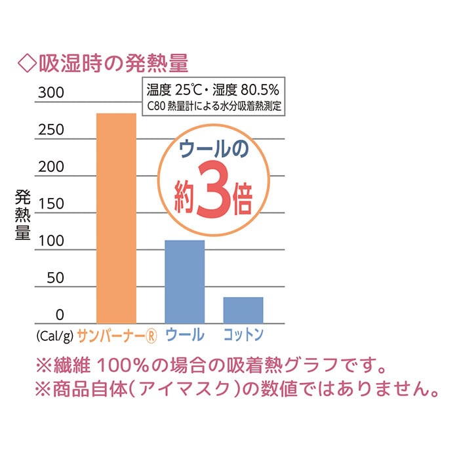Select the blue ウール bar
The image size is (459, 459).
pyautogui.click(x=184, y=281)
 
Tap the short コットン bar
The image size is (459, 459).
pyautogui.click(x=243, y=309)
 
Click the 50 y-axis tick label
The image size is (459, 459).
pyautogui.click(x=55, y=278)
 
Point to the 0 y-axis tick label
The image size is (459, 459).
pyautogui.click(x=60, y=315)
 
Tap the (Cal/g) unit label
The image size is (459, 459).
pyautogui.click(x=54, y=336)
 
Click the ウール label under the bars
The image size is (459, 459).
pyautogui.click(x=184, y=335)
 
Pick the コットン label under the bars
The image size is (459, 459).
pyautogui.click(x=243, y=335)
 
